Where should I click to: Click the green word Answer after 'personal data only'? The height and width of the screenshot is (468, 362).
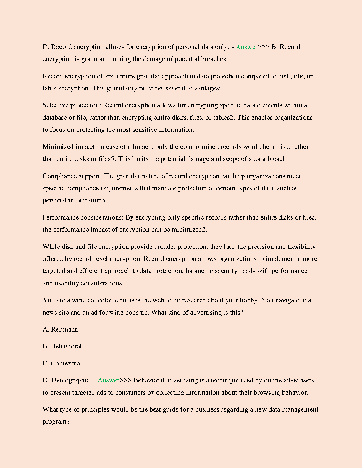(x=246, y=47)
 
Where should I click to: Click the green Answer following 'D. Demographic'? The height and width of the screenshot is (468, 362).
(x=109, y=380)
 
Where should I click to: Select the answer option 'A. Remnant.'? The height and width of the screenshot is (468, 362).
(x=61, y=329)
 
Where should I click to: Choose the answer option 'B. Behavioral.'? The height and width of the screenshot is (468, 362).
(x=63, y=346)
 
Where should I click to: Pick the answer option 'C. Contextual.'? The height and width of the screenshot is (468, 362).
(x=63, y=363)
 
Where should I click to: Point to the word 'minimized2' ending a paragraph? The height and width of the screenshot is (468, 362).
(x=189, y=230)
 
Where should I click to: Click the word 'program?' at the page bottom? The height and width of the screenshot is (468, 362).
(x=56, y=422)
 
